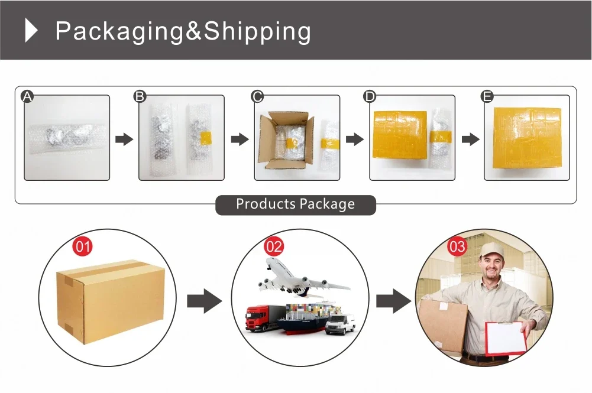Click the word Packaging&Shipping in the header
183,31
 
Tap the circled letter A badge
27,96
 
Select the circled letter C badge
257,96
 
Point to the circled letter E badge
487,96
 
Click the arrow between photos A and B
124,139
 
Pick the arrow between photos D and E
470,139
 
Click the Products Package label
296,204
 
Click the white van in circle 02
341,324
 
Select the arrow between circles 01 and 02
204,301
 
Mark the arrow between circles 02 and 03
393,301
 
